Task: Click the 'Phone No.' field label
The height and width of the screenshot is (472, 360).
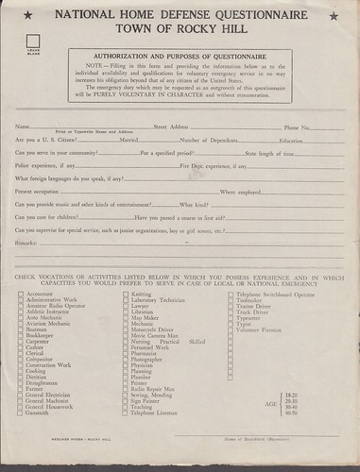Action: (297, 153)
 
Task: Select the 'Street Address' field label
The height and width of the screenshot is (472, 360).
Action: (171, 153)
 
